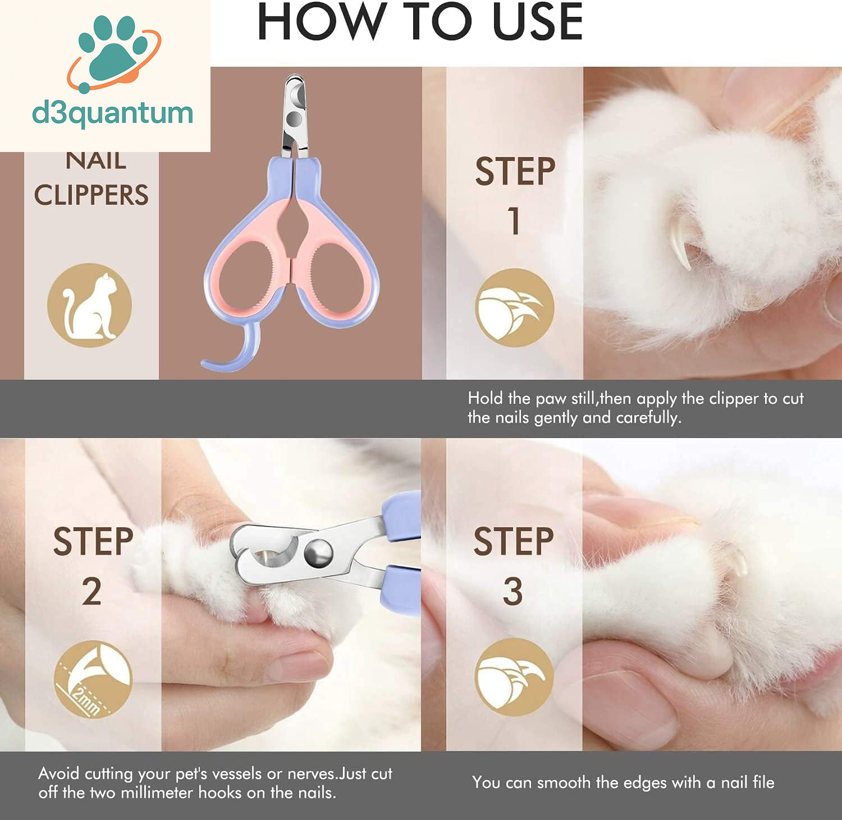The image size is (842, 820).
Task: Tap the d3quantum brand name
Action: [x=113, y=114]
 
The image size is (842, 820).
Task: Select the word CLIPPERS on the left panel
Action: [x=91, y=195]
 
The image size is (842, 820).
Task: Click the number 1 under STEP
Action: [x=514, y=220]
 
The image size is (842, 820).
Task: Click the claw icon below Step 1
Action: [x=515, y=307]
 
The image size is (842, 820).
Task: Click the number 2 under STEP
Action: [x=92, y=591]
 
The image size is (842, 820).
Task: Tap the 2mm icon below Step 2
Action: [x=93, y=679]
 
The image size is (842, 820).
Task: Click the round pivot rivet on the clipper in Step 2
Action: [x=318, y=552]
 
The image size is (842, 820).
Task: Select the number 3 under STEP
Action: [x=512, y=591]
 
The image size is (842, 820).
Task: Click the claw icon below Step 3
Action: [x=514, y=677]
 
